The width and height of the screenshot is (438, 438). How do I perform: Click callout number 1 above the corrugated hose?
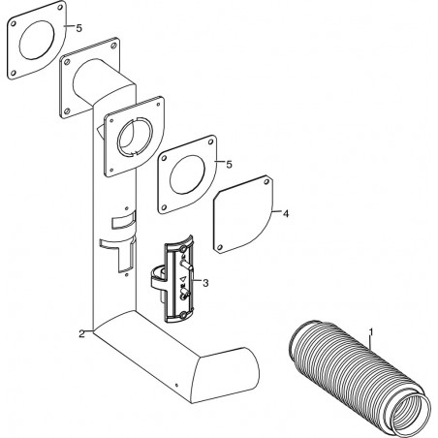coord(371,332)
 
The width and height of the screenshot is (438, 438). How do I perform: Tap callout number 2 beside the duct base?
coord(82,333)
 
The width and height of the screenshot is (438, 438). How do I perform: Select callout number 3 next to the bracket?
coord(205,283)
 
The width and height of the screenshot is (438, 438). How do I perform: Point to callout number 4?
coord(286,213)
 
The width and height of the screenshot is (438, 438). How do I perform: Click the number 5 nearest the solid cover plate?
coord(229,165)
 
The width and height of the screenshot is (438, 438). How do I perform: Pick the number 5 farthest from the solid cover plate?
coord(78,28)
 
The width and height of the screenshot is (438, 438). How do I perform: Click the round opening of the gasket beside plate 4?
coord(187,174)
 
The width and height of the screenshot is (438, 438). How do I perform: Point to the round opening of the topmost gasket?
coord(37,40)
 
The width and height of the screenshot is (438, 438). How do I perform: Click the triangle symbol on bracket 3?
coord(183,279)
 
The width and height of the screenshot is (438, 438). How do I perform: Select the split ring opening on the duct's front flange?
coord(135,136)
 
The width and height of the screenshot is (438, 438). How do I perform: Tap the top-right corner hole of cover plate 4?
coord(266,181)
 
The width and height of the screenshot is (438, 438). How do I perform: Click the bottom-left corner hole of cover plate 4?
coord(219,247)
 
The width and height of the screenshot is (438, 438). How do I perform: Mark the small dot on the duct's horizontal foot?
coord(176,385)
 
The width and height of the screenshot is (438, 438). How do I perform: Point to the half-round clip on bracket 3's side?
coord(158,278)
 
